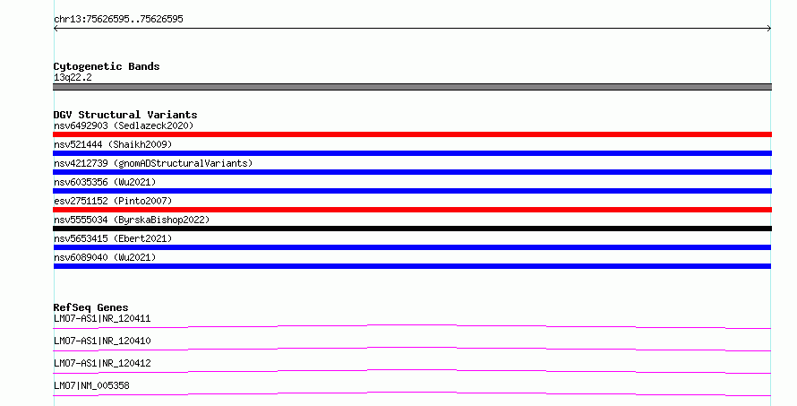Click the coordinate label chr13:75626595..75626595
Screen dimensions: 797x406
pos(118,20)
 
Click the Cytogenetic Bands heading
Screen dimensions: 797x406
pos(107,66)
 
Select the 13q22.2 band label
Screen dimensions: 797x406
pos(73,77)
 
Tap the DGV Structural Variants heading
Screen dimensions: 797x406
pos(125,115)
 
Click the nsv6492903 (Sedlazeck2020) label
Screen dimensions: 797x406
pos(124,125)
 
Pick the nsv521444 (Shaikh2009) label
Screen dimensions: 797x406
pos(113,144)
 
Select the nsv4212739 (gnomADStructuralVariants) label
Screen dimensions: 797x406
pos(153,163)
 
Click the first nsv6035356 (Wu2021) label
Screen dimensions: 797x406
pos(105,182)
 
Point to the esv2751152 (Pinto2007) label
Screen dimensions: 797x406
pos(113,201)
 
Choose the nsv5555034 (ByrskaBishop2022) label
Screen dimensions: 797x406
pos(132,220)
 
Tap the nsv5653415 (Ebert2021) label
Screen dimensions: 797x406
pos(113,238)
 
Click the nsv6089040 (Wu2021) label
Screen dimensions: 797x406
pos(105,257)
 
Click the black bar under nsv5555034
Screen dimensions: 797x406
pos(412,229)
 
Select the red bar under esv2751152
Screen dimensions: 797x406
pos(412,210)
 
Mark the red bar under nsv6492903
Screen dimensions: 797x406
pos(412,134)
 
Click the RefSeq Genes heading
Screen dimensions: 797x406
pos(90,307)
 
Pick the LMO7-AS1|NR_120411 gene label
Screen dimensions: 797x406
pos(102,319)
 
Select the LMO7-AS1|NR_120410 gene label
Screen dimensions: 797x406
pos(102,341)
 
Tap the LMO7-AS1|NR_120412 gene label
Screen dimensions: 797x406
pos(102,363)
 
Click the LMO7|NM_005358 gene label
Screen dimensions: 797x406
pos(91,385)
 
